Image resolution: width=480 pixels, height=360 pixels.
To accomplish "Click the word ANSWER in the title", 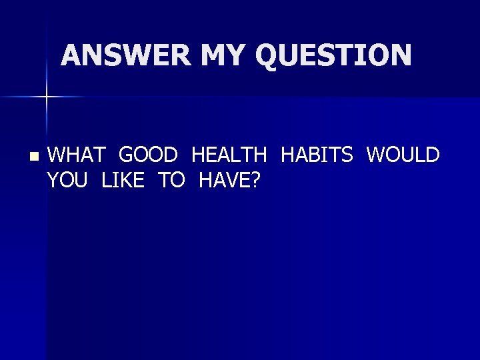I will pyautogui.click(x=126, y=55).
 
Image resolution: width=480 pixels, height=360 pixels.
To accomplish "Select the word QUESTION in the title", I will pyautogui.click(x=333, y=55).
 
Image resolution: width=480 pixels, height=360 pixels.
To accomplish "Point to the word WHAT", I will pyautogui.click(x=77, y=155).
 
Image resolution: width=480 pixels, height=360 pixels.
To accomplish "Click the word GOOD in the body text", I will pyautogui.click(x=148, y=155).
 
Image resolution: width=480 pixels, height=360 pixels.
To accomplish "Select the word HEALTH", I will pyautogui.click(x=229, y=155).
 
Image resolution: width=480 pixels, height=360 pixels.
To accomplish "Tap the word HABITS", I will pyautogui.click(x=317, y=155).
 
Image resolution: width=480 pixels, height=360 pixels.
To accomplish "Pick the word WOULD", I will pyautogui.click(x=403, y=155).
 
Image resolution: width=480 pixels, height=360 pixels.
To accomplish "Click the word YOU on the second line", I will pyautogui.click(x=67, y=179).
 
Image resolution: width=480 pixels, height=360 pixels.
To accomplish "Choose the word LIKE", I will pyautogui.click(x=123, y=179).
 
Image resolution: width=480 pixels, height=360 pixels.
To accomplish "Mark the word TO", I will pyautogui.click(x=171, y=179).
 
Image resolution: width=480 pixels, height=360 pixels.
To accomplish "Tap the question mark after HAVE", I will pyautogui.click(x=255, y=179).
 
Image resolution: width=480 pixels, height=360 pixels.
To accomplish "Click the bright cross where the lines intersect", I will pyautogui.click(x=47, y=97).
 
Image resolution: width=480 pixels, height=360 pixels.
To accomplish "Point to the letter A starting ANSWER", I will pyautogui.click(x=71, y=55).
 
